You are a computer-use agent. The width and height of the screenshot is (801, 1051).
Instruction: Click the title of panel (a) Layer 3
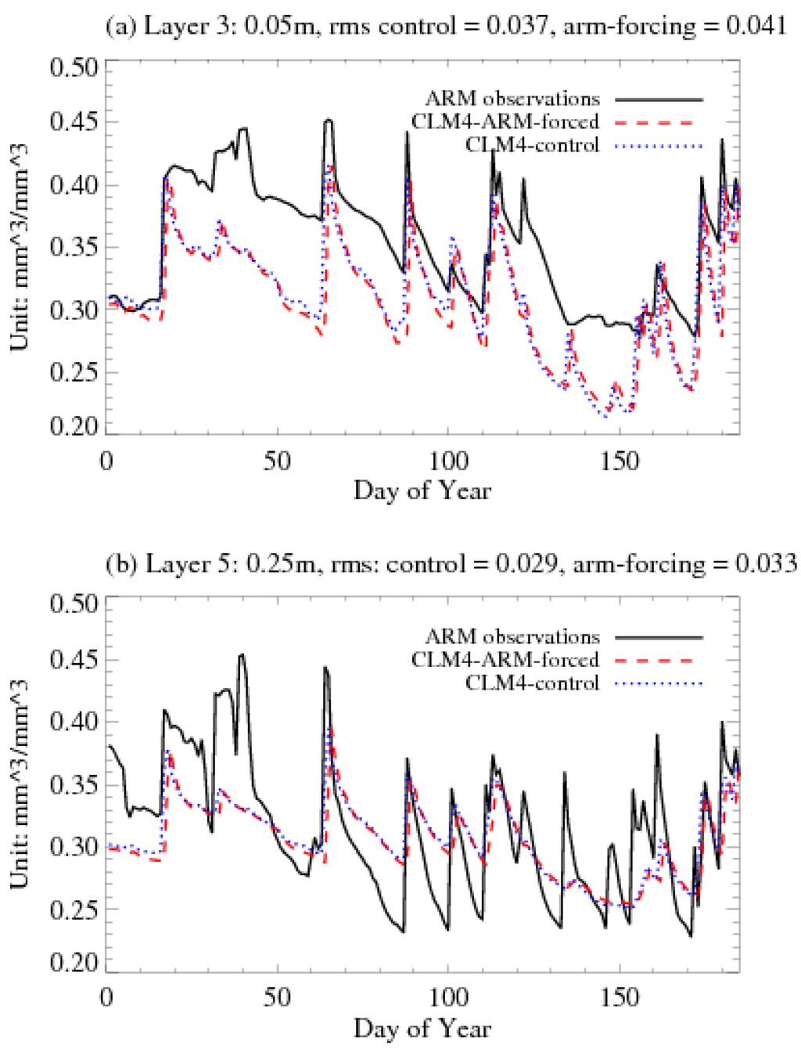(445, 27)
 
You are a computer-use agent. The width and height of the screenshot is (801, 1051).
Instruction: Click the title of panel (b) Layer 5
(451, 564)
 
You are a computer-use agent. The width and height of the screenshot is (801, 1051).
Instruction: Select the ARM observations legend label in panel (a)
(512, 99)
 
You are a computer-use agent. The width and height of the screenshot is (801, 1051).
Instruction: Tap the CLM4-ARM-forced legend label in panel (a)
(505, 122)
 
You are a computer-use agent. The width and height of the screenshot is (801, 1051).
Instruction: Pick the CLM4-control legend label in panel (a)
(532, 145)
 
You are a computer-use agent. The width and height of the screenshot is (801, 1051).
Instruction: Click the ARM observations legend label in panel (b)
(512, 637)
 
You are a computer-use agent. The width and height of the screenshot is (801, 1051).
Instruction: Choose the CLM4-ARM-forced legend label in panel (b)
(505, 660)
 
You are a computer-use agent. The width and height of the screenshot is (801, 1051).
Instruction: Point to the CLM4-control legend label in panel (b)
(532, 683)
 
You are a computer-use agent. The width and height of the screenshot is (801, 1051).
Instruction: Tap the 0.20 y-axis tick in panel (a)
(74, 426)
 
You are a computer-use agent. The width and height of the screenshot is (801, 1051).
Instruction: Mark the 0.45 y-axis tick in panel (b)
(74, 660)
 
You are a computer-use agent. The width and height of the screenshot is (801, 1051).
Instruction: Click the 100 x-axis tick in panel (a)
(449, 461)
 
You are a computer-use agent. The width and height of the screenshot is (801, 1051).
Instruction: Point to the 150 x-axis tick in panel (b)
(620, 998)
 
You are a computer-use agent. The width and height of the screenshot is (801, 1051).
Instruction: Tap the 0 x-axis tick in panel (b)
(107, 998)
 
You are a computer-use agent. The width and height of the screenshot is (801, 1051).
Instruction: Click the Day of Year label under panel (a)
(422, 491)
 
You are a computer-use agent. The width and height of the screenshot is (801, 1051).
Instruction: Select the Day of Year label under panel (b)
(422, 1028)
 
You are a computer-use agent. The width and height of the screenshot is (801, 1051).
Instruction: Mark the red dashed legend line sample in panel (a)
(659, 123)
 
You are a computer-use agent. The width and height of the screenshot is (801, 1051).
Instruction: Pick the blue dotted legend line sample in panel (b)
(659, 683)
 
